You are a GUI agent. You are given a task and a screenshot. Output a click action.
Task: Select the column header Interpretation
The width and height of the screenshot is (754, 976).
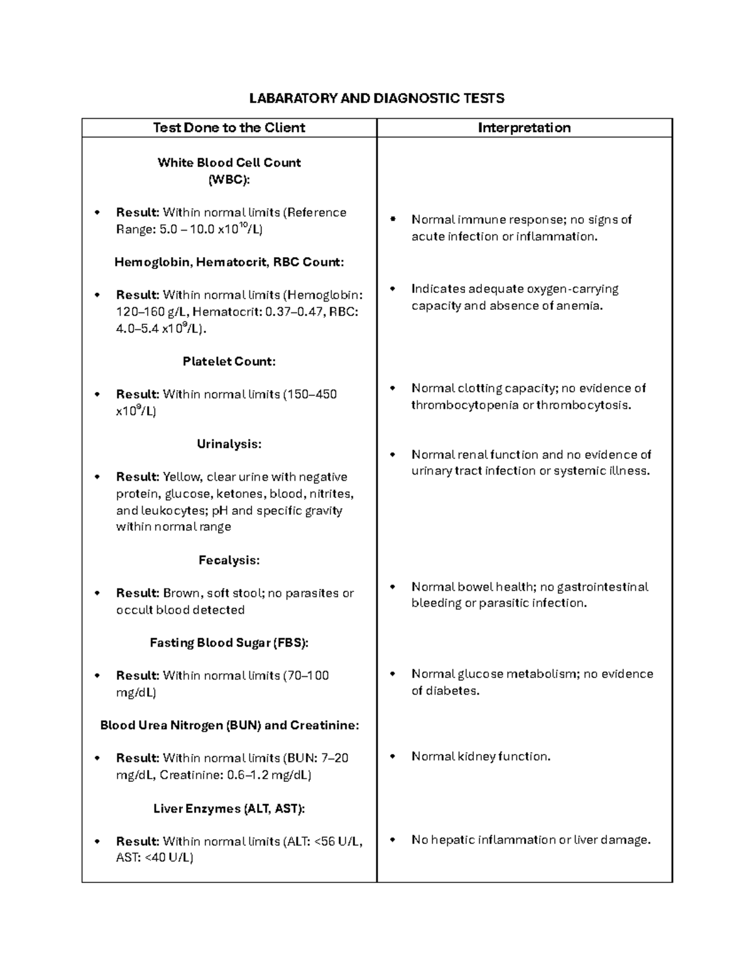pos(524,128)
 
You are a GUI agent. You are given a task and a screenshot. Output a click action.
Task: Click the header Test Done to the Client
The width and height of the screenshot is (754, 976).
pos(229,128)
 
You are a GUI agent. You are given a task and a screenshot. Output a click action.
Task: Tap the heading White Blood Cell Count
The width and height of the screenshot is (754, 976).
pos(229,163)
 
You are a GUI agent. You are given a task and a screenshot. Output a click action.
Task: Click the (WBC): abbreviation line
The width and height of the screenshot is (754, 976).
pos(229,180)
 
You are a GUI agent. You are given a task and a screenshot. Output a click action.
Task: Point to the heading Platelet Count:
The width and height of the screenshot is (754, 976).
pos(229,361)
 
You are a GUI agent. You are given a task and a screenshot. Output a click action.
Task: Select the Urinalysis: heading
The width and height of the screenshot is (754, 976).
pos(229,444)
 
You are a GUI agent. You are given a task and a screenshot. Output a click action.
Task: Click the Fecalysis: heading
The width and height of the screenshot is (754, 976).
pos(229,560)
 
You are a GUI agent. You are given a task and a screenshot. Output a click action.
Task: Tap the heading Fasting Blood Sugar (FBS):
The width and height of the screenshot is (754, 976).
pos(229,643)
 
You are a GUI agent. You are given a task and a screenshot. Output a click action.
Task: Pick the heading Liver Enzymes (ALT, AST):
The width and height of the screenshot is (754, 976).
pos(229,809)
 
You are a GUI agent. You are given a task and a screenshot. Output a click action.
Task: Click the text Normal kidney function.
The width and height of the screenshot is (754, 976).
pos(481,757)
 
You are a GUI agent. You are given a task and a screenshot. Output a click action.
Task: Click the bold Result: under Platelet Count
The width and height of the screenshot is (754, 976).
pos(138,395)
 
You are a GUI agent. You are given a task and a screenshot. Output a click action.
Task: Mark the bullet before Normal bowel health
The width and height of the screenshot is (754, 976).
pos(393,586)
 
